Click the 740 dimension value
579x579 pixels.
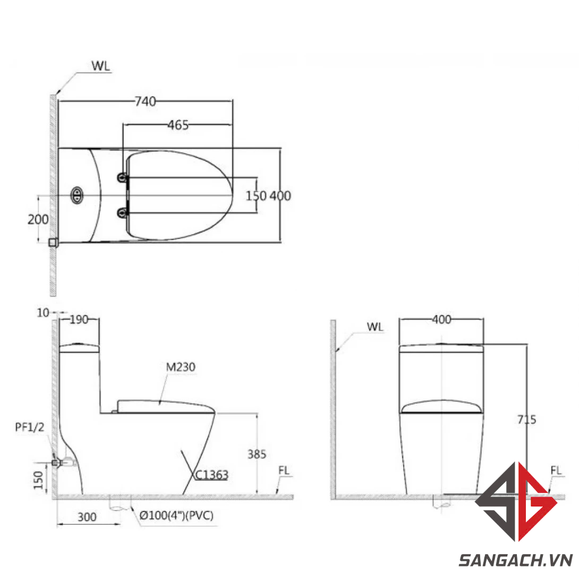pos(145,101)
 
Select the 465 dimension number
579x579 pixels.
pos(178,125)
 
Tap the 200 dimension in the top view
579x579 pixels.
pos(38,220)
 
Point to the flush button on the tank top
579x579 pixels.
pos(77,195)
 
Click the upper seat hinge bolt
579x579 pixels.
pos(123,178)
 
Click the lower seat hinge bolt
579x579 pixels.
pos(123,212)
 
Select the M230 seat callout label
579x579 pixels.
pos(181,367)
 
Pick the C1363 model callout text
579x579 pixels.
pos(211,475)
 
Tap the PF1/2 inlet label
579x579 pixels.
pos(30,427)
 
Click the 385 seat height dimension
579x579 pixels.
pos(257,454)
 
